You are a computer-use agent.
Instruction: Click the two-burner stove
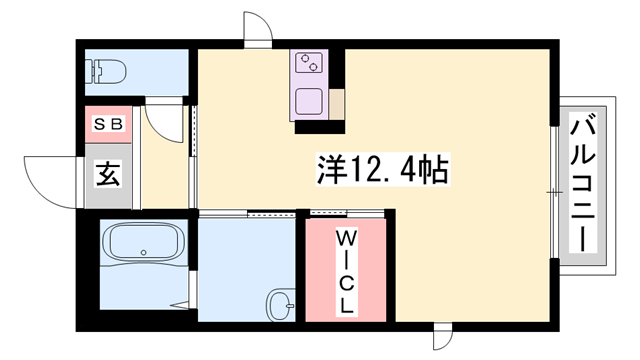(x=309, y=62)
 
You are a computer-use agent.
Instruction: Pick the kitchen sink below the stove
(x=309, y=102)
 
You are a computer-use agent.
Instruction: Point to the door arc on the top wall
(x=258, y=27)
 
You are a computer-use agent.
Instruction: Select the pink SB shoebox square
(x=106, y=126)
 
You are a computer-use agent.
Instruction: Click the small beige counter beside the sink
(x=337, y=103)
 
